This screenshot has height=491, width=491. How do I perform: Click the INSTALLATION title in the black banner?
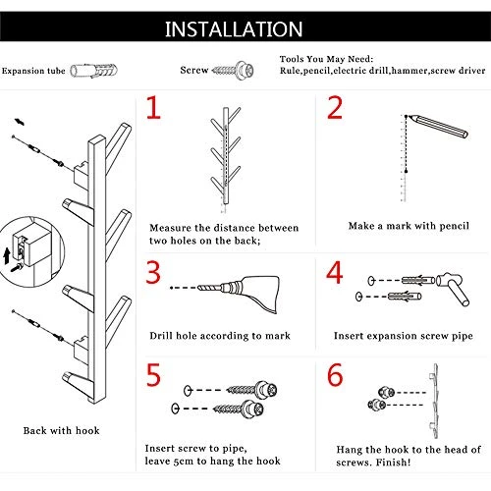click(x=234, y=29)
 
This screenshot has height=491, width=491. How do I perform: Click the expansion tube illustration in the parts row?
click(x=93, y=71)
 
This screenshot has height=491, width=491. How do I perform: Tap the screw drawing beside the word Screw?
click(x=233, y=70)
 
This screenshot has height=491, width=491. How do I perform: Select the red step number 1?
click(x=153, y=107)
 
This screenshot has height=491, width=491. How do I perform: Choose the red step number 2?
click(x=335, y=107)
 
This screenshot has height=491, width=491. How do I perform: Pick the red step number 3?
click(x=153, y=272)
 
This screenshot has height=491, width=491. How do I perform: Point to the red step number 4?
click(x=335, y=272)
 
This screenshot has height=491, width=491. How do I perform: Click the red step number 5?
click(x=153, y=374)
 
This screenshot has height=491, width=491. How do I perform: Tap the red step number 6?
click(x=335, y=374)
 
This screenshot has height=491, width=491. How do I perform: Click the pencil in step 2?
click(x=437, y=126)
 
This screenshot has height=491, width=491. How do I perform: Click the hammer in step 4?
click(x=454, y=288)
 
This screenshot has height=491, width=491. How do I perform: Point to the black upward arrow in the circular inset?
click(x=6, y=256)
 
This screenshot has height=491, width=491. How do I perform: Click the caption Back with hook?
click(x=61, y=430)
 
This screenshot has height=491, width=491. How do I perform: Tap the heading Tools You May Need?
click(x=326, y=59)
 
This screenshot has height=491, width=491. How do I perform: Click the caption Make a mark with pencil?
click(x=409, y=226)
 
